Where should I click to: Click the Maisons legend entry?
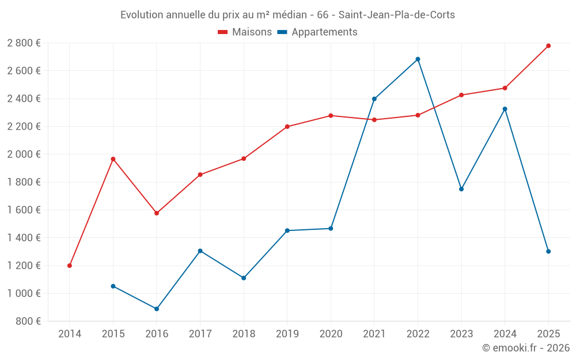tap(245, 32)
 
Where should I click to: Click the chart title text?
tap(287, 15)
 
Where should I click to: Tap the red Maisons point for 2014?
tap(70, 266)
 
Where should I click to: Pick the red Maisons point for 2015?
tap(113, 159)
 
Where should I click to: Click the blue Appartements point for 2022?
tap(418, 59)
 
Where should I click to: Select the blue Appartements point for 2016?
tap(157, 309)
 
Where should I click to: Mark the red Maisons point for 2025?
tap(548, 46)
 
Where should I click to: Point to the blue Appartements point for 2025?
tap(548, 251)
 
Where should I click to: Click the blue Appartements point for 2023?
tap(461, 189)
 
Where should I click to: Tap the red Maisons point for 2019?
tap(287, 127)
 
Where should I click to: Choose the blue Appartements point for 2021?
tap(374, 99)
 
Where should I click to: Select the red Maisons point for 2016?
tap(157, 213)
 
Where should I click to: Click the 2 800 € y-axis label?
tap(24, 43)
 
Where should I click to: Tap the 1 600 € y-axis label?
tap(24, 210)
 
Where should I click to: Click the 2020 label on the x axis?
tap(331, 334)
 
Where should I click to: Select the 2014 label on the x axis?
tap(70, 334)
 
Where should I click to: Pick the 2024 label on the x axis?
tap(505, 334)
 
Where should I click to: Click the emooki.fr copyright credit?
tap(525, 348)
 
